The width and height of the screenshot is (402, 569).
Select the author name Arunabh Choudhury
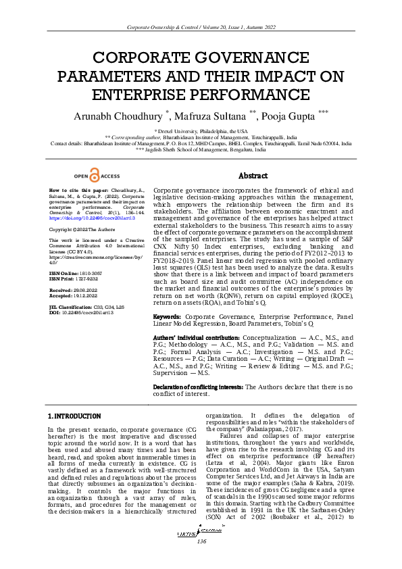(123, 116)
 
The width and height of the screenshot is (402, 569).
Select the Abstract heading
(253, 176)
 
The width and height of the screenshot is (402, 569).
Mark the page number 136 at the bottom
(201, 561)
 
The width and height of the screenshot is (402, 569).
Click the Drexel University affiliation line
(201, 130)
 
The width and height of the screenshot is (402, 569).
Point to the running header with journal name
(201, 26)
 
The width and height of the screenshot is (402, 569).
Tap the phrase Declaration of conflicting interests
(199, 387)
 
